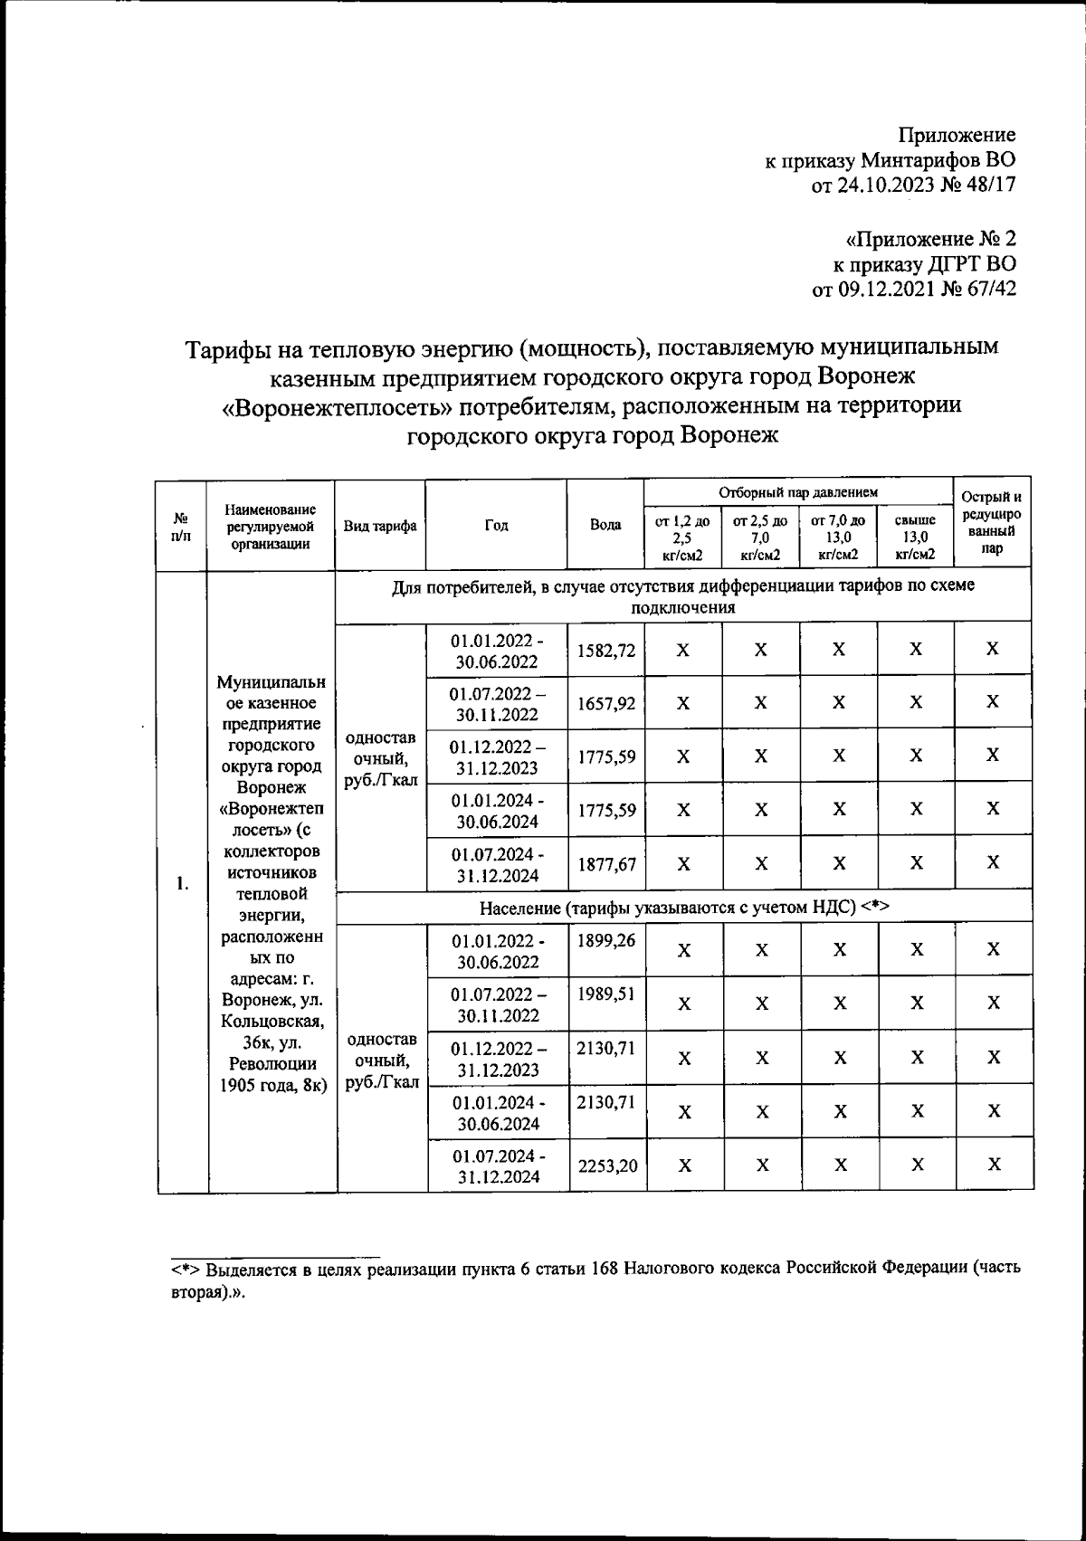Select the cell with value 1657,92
[x=606, y=703]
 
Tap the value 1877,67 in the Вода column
[x=606, y=864]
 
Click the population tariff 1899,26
[x=606, y=941]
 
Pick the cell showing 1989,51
[x=606, y=994]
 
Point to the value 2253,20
[x=606, y=1166]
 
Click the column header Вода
[x=605, y=525]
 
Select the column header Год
[x=496, y=525]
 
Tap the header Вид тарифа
[x=379, y=526]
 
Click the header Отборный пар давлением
[x=798, y=492]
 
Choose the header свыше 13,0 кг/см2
[x=915, y=537]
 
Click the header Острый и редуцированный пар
[x=992, y=524]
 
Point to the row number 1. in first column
[x=182, y=883]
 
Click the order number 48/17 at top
[x=990, y=185]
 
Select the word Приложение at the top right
[x=957, y=136]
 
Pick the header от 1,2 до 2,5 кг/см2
[x=682, y=537]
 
